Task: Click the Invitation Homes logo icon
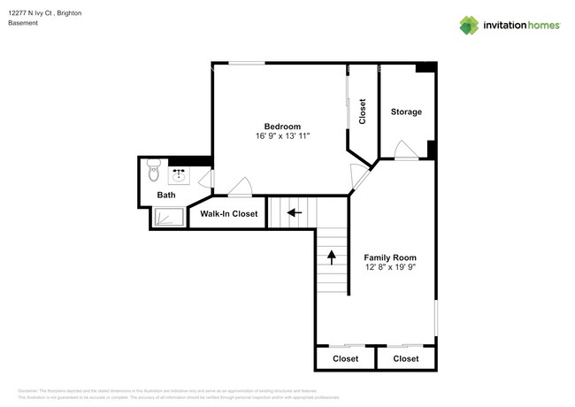click(x=467, y=25)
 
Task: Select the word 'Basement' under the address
click(x=23, y=24)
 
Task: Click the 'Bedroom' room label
click(x=282, y=125)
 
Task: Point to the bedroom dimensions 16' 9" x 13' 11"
click(x=282, y=136)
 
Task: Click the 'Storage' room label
click(x=406, y=111)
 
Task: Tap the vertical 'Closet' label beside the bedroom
click(x=362, y=111)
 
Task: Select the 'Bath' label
click(x=166, y=195)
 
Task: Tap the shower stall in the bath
click(x=168, y=217)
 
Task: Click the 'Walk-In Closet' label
click(x=229, y=214)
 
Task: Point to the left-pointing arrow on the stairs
click(x=293, y=212)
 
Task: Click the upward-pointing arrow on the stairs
click(x=332, y=257)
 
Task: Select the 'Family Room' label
click(x=389, y=257)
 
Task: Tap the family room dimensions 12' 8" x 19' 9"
click(x=389, y=268)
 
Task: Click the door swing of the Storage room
click(x=405, y=150)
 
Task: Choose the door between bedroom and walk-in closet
click(x=239, y=188)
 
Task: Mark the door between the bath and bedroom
click(x=207, y=180)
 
